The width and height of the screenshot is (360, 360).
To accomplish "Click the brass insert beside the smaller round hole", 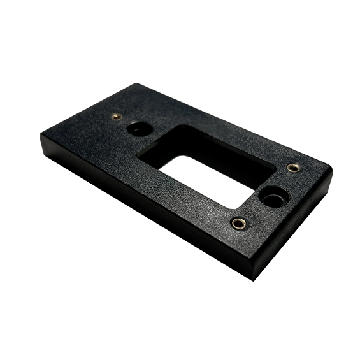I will click(x=116, y=117).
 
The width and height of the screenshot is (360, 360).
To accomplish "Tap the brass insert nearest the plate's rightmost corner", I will click(x=292, y=168).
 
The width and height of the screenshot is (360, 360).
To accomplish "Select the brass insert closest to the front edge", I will click(x=239, y=223).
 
